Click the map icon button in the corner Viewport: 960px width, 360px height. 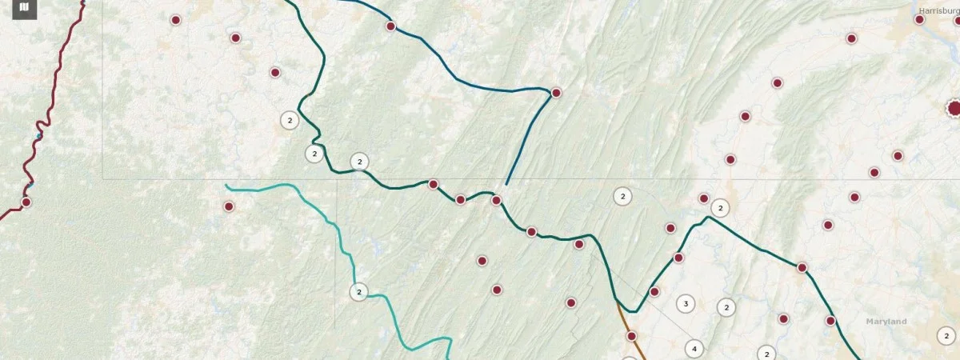[24, 8]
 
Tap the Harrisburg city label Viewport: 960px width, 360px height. [938, 10]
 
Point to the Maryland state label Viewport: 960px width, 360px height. [886, 322]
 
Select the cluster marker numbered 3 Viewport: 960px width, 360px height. [685, 303]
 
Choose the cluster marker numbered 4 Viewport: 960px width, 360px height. [694, 349]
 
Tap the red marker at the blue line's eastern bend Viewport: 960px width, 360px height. [556, 93]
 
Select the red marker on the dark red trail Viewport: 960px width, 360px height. [26, 202]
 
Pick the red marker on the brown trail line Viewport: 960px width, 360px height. [631, 336]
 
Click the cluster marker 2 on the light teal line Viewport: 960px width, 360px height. [359, 292]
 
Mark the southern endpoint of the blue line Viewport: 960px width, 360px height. [506, 185]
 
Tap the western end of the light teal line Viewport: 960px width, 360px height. [226, 186]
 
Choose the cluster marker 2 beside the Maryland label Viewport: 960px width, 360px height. [946, 336]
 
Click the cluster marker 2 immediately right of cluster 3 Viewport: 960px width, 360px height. [726, 307]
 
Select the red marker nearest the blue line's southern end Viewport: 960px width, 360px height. [496, 200]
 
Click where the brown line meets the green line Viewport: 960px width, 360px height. [617, 300]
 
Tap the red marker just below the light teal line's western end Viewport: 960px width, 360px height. [229, 206]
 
